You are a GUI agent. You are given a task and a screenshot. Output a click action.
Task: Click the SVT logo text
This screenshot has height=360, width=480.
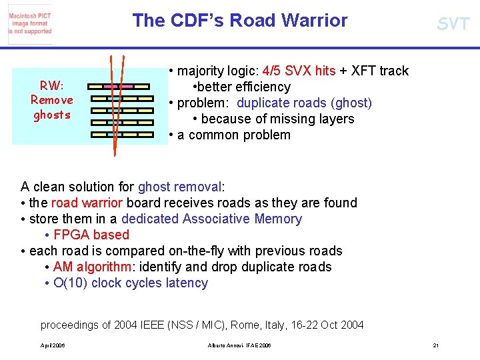453,25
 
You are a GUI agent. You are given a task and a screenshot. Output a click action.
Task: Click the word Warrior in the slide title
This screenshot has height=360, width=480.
315,21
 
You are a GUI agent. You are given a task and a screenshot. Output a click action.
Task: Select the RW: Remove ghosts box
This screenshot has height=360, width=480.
52,100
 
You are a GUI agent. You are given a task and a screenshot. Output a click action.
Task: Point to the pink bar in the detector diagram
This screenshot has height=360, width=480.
117,87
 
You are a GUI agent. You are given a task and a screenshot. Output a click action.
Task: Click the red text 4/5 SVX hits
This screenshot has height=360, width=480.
299,71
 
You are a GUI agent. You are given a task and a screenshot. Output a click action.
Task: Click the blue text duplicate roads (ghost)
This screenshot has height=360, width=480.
304,103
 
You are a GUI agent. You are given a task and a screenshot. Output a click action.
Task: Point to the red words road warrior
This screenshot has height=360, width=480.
87,203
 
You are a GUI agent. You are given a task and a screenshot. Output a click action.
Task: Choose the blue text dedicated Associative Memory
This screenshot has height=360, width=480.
211,219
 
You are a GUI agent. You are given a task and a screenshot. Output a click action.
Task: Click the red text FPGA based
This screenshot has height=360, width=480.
91,235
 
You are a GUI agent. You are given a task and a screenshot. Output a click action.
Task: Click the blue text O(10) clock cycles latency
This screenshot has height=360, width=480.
131,283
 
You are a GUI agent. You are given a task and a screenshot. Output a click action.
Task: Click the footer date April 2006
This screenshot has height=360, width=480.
53,345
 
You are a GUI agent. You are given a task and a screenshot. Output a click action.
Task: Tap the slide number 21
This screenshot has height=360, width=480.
435,345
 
